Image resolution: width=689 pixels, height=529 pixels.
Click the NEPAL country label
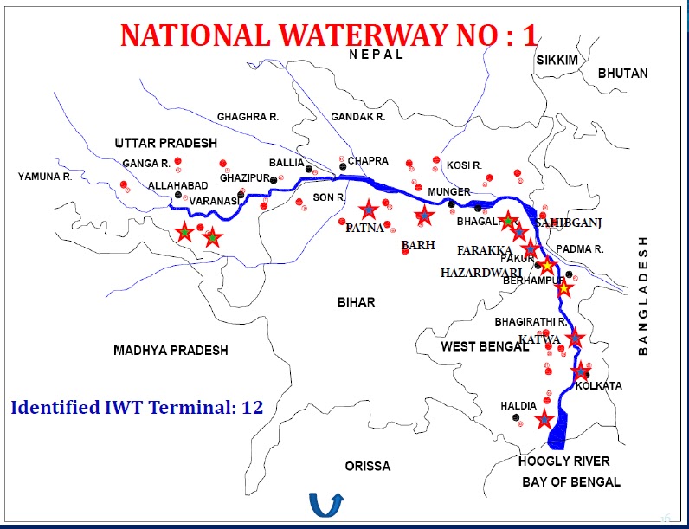click(x=377, y=54)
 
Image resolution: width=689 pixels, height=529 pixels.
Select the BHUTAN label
click(x=622, y=74)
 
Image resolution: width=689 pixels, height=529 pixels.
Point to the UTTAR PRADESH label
click(x=166, y=143)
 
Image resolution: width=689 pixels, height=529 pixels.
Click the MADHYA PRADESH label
click(x=171, y=351)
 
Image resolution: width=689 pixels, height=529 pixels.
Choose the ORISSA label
click(x=367, y=466)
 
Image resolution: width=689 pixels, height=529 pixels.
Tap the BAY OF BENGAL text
click(x=571, y=481)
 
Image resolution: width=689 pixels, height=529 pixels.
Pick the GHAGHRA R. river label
click(x=248, y=116)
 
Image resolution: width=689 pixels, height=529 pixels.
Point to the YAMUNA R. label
click(x=45, y=177)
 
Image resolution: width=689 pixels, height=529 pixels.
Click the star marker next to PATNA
click(x=370, y=210)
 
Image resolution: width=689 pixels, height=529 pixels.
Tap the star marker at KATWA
click(x=575, y=339)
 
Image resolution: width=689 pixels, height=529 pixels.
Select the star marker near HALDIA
click(x=544, y=420)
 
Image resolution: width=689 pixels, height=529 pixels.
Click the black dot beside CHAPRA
click(x=343, y=165)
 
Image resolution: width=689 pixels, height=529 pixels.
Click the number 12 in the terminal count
click(x=252, y=407)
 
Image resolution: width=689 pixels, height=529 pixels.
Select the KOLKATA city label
click(x=599, y=385)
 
